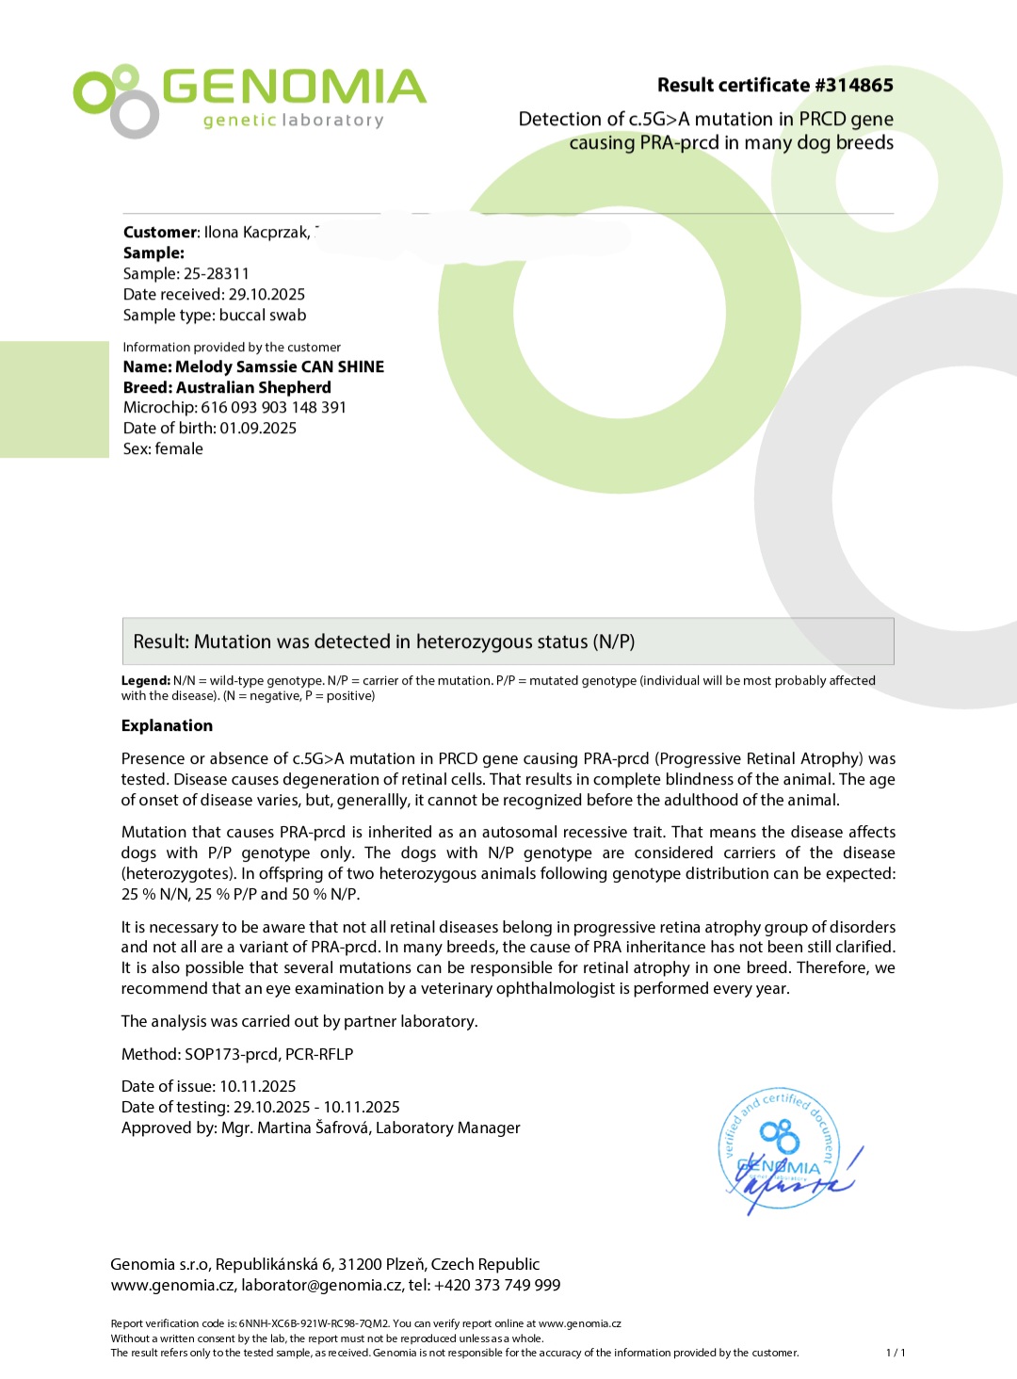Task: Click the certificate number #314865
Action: (x=853, y=86)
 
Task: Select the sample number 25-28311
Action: (x=217, y=274)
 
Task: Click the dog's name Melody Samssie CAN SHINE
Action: (x=280, y=367)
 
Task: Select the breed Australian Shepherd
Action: (x=253, y=388)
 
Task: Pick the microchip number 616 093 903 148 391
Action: (x=273, y=408)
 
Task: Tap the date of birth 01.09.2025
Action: (x=258, y=429)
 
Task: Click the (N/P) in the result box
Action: (x=614, y=642)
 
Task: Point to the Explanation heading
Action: (x=167, y=726)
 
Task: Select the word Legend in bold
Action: (x=145, y=681)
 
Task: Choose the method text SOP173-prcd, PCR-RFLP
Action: (x=268, y=1055)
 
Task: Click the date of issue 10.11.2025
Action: (x=257, y=1087)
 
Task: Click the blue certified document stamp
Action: (x=780, y=1151)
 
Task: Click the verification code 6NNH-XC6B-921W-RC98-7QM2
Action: (x=314, y=1324)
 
